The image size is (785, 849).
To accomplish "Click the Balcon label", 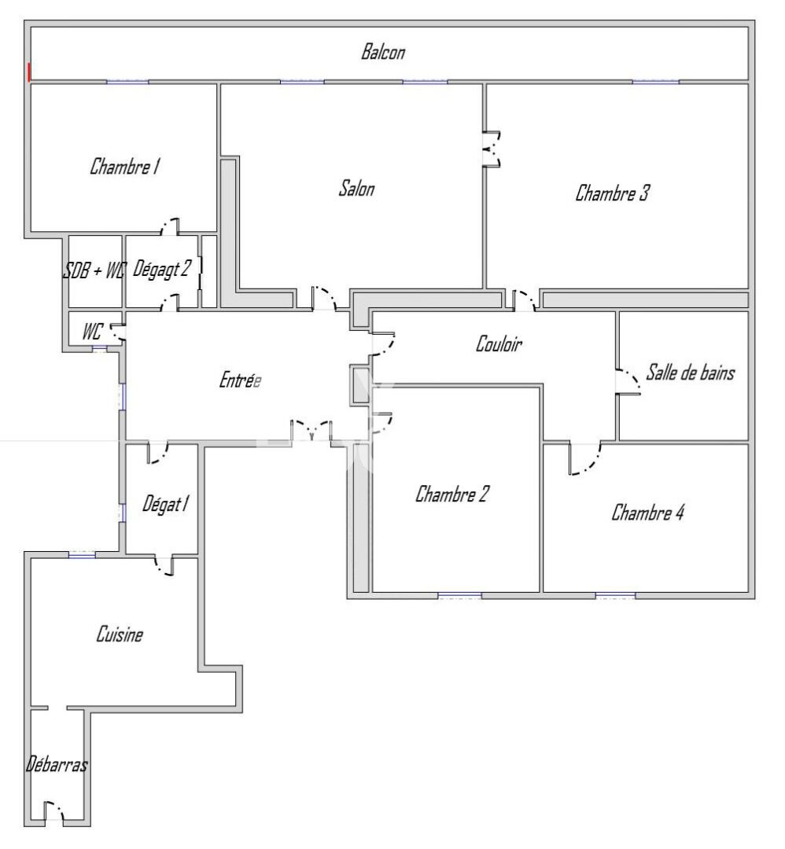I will (x=383, y=53).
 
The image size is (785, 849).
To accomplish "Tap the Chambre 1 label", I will (x=126, y=167).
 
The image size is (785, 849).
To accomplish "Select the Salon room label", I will (x=356, y=189).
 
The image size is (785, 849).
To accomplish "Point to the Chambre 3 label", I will (x=612, y=193).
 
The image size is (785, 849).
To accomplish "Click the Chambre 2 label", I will (x=452, y=494).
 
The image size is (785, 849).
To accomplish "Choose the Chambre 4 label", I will (x=648, y=513).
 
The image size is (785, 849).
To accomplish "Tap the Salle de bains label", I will (x=690, y=373).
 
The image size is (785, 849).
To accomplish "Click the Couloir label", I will (x=499, y=344).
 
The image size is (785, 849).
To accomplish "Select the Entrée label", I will (x=239, y=380).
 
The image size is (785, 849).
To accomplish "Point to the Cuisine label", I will (x=120, y=634).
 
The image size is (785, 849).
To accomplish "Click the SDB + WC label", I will (x=94, y=271).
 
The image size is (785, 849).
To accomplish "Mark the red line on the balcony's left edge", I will (x=30, y=72).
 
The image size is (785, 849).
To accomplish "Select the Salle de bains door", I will (x=629, y=382).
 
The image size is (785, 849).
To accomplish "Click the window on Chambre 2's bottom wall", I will (x=459, y=595).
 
